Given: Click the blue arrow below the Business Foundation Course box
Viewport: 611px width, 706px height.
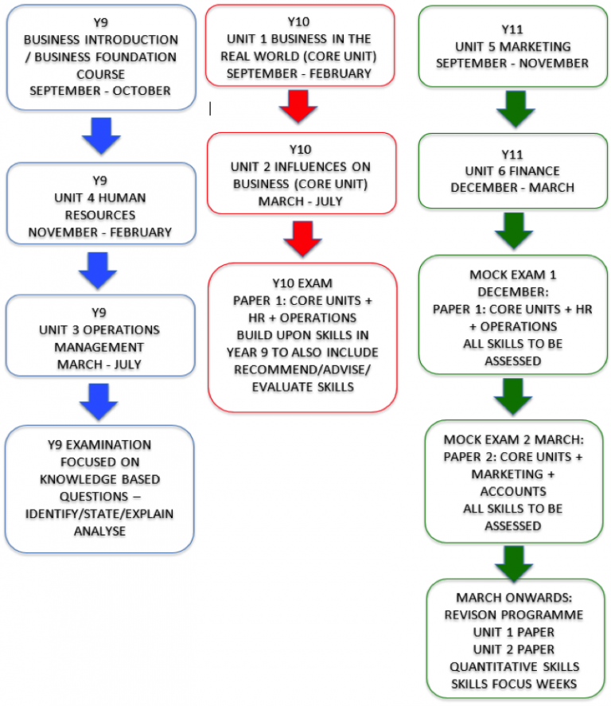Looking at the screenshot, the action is [101, 136].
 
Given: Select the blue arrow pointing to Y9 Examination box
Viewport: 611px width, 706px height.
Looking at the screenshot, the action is [99, 402].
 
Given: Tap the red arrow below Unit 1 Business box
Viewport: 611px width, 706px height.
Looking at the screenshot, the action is [298, 107].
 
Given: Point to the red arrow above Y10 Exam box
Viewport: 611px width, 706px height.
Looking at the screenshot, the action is [302, 239].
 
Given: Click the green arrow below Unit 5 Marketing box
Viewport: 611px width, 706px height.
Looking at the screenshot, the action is [516, 109].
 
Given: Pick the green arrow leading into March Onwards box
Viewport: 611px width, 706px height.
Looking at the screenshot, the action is [514, 564].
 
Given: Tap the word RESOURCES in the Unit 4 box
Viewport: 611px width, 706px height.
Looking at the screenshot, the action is [100, 215].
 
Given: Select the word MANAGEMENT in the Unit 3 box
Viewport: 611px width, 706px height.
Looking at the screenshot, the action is [99, 347].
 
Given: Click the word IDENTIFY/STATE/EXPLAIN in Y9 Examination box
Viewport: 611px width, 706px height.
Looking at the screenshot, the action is [99, 513].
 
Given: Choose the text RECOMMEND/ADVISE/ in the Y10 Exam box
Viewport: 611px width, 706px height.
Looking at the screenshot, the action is [302, 369].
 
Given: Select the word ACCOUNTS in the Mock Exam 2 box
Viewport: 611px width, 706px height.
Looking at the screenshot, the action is [513, 491].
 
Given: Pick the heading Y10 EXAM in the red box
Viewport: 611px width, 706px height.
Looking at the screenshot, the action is [302, 283].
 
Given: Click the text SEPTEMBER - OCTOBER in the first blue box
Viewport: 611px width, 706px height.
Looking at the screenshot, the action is [100, 91].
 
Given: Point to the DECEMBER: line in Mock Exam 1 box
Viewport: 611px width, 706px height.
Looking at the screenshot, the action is [513, 292].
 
